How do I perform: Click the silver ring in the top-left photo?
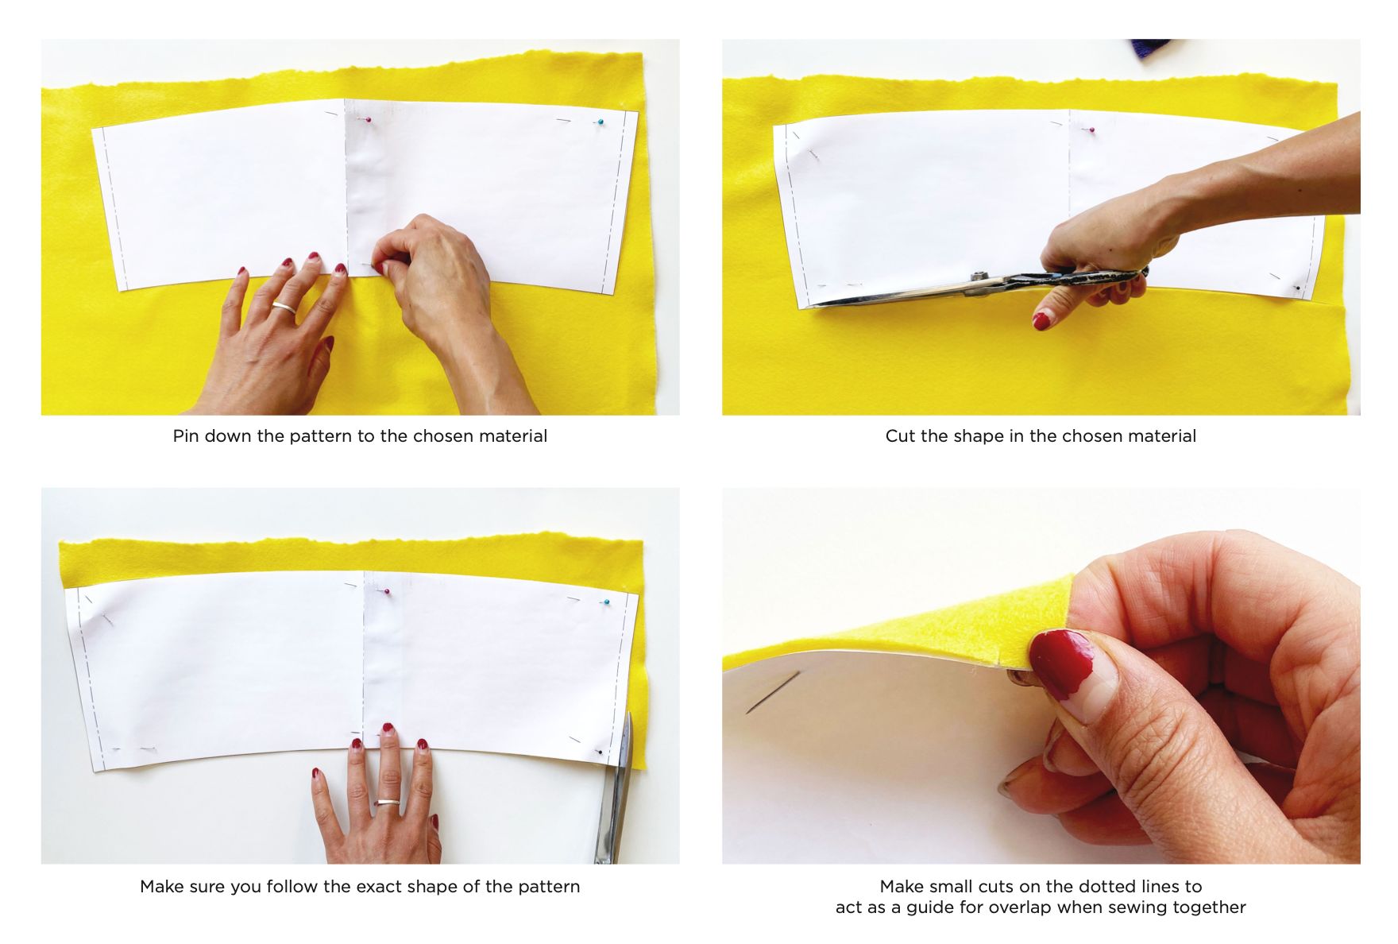[x=284, y=307]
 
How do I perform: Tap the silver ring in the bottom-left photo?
[x=387, y=803]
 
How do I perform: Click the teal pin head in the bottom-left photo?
[x=606, y=603]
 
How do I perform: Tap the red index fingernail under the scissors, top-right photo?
[x=1041, y=320]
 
